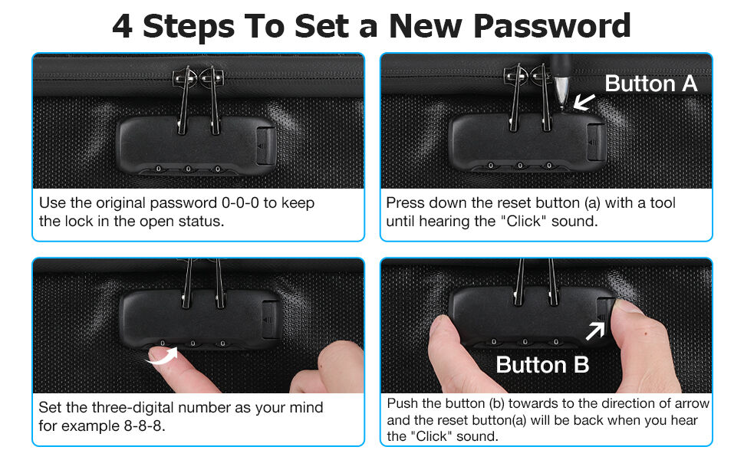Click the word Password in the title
[551, 25]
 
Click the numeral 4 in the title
[122, 26]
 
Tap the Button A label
[651, 84]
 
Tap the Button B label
[542, 365]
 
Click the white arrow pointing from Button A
[584, 101]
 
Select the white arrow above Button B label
[595, 330]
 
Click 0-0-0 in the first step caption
[240, 203]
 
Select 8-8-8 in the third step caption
[143, 426]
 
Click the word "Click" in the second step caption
[523, 222]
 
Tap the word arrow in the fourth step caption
[693, 403]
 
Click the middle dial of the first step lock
[188, 169]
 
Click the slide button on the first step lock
[265, 144]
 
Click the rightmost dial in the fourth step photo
[555, 341]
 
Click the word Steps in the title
[189, 27]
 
